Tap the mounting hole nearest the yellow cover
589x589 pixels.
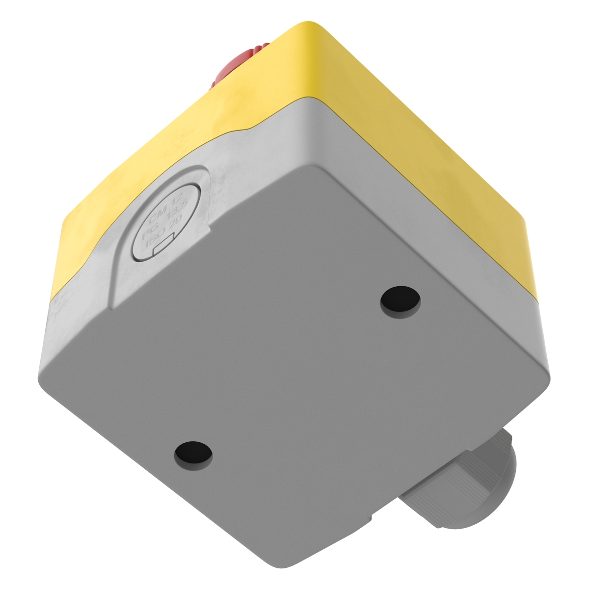pyautogui.click(x=401, y=299)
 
